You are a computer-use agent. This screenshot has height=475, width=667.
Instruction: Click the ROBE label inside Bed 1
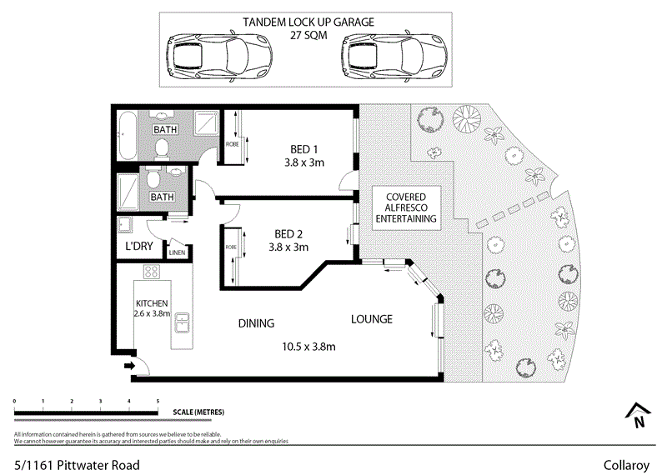pyautogui.click(x=231, y=144)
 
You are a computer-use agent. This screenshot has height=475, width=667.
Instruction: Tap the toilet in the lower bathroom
pyautogui.click(x=153, y=177)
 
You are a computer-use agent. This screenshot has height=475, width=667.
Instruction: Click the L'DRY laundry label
pyautogui.click(x=139, y=247)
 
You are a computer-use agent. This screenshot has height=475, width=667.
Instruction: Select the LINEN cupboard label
pyautogui.click(x=178, y=252)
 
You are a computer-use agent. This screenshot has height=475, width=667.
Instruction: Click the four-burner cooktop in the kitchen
pyautogui.click(x=152, y=272)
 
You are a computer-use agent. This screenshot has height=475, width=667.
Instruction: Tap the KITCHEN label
pyautogui.click(x=153, y=303)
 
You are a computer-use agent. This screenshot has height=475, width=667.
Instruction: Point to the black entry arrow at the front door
pyautogui.click(x=128, y=365)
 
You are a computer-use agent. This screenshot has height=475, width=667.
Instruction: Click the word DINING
pyautogui.click(x=256, y=322)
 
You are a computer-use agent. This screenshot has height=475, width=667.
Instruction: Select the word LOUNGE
pyautogui.click(x=371, y=318)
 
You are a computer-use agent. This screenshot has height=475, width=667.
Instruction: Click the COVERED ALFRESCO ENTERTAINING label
pyautogui.click(x=405, y=208)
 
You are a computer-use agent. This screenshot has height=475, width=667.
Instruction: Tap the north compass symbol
pyautogui.click(x=638, y=414)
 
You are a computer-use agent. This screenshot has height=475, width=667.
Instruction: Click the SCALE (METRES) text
pyautogui.click(x=198, y=412)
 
